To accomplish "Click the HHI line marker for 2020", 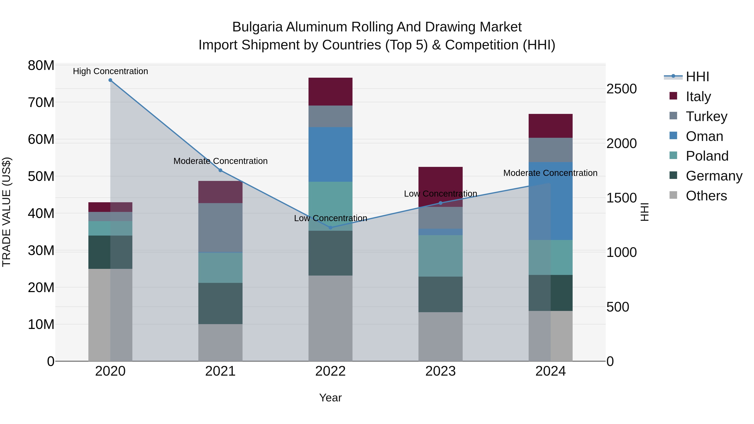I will (x=110, y=80).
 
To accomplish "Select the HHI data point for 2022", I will (x=331, y=227).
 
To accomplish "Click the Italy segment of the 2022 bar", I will (x=331, y=92).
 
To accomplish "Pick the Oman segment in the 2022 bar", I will (x=331, y=155).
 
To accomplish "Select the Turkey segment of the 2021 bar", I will (x=220, y=227).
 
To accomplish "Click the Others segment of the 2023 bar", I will (x=440, y=336).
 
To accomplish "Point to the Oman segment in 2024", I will (x=551, y=201).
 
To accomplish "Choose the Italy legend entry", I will (x=698, y=97).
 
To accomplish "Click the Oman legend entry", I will (x=704, y=136).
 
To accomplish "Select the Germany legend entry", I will (x=714, y=176).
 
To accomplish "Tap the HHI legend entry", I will (x=697, y=77).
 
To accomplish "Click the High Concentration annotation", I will (x=110, y=71).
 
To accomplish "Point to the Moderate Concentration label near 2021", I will (x=220, y=161).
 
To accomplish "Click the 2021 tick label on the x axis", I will (x=220, y=371).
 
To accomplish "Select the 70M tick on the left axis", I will (x=41, y=102).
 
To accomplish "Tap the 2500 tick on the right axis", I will (x=621, y=89).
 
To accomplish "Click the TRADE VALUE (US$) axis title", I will (x=7, y=212).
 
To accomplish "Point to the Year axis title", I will (x=331, y=398).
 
